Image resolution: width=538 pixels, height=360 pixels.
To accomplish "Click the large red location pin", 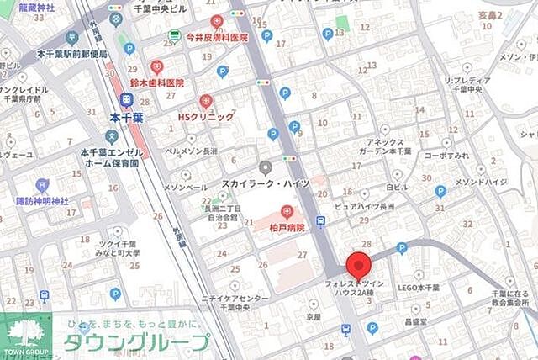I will [359, 264].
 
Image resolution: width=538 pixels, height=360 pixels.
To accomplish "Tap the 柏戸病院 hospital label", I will [287, 227].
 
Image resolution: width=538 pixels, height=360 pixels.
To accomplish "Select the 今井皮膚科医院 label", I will [217, 38].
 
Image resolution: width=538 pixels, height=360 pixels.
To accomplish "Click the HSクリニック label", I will [206, 117].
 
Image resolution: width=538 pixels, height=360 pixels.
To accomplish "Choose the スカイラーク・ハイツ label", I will [265, 183].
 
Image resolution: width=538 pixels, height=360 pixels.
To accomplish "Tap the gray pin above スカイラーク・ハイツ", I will [266, 167].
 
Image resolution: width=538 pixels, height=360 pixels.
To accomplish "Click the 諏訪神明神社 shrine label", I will [42, 202].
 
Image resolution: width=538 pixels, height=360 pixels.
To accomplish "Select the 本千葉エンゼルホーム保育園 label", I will [110, 157].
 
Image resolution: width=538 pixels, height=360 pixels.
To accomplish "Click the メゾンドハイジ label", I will [481, 181].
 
